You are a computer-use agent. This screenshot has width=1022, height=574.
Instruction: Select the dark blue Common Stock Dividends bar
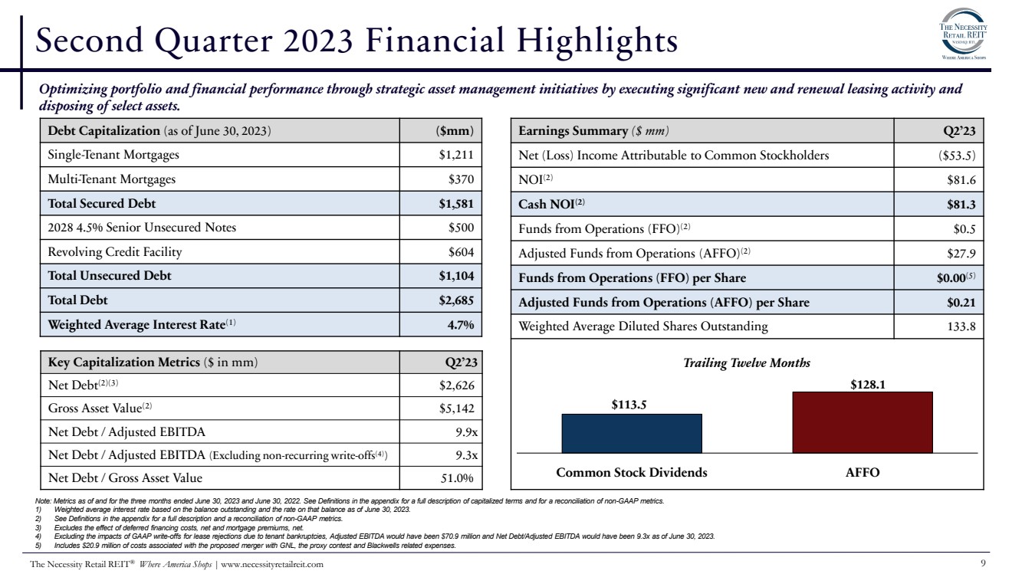click(631, 433)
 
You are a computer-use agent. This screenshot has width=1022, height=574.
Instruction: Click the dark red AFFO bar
click(862, 422)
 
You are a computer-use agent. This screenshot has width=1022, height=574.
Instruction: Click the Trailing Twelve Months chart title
click(746, 362)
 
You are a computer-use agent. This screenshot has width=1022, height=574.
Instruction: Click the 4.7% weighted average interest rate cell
click(461, 324)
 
